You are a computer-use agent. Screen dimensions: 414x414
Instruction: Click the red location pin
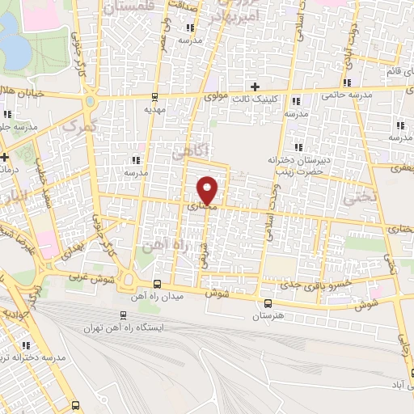click(x=209, y=189)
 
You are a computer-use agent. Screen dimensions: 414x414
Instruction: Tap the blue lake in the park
click(x=14, y=44)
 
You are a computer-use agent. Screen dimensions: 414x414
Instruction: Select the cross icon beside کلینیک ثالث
click(x=255, y=87)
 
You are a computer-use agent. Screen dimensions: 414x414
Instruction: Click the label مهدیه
click(x=154, y=108)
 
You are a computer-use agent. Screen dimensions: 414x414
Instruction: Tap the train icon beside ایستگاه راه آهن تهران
click(x=123, y=315)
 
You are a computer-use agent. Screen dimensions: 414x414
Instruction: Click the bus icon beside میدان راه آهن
click(x=156, y=284)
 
